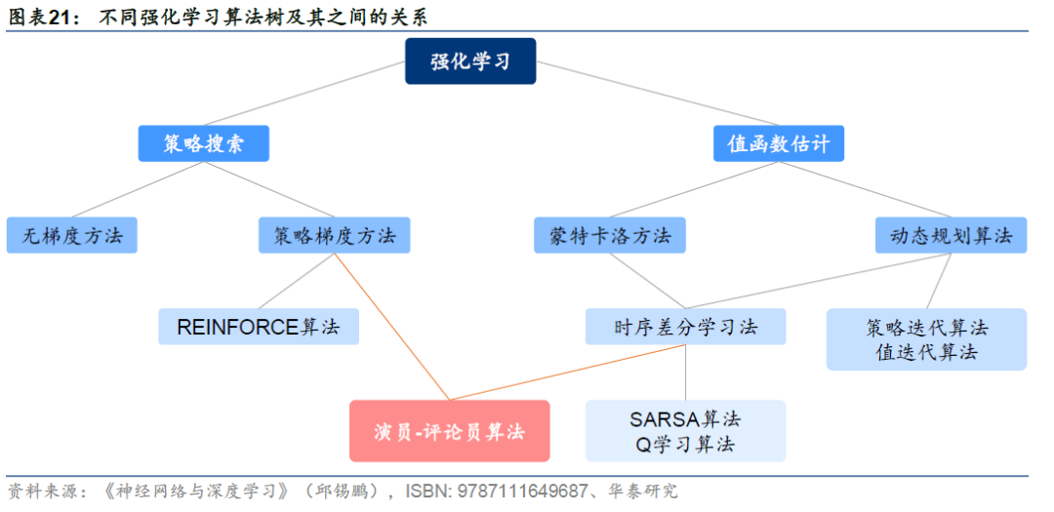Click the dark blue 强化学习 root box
coord(470,61)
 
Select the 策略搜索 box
coord(203,144)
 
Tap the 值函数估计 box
coord(778,144)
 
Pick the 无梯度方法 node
coord(72,235)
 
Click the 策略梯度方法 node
coord(335,235)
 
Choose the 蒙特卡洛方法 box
coord(610,235)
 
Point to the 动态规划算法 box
coord(951,235)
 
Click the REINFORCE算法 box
coord(259,327)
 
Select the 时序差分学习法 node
coord(685,327)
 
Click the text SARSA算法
coord(685,418)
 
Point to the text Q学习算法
coord(685,445)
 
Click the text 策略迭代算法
coord(926,327)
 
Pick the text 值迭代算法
coord(926,352)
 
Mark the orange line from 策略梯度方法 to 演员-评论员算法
coord(390,326)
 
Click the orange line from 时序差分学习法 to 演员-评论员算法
coord(566,373)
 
